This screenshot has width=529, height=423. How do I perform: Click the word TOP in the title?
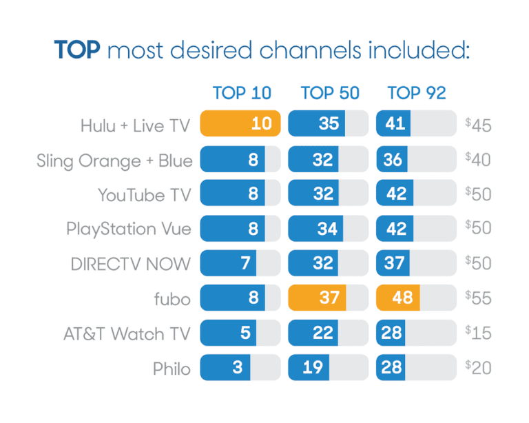point(78,52)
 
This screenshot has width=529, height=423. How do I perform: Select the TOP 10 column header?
point(242,93)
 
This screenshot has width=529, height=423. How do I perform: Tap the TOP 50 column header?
point(329,93)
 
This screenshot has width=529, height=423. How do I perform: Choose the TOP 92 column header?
point(417,93)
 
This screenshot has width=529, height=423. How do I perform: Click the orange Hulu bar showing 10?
point(240,124)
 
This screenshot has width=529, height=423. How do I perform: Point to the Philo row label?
point(172,368)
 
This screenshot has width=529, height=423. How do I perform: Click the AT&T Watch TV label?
point(127,333)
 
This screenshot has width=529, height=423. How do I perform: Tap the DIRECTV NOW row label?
point(131,264)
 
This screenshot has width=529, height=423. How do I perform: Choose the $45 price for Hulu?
point(478,124)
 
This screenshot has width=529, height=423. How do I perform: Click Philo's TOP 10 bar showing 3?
point(225,367)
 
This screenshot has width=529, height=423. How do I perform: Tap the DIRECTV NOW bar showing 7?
point(228,262)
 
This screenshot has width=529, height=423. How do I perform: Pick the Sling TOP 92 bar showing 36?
point(393,159)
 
